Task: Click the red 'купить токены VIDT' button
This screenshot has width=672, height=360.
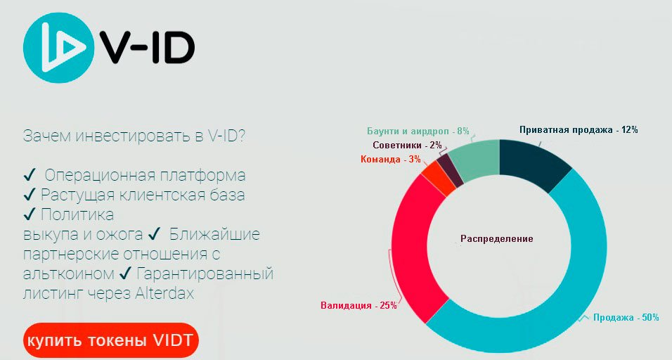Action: coord(111,340)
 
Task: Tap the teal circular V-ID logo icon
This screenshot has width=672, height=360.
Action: coord(58,47)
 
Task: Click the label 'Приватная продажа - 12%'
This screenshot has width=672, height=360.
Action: coord(579,130)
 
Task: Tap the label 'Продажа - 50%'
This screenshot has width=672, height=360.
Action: coord(626,318)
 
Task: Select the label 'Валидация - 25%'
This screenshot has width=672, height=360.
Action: coord(358,306)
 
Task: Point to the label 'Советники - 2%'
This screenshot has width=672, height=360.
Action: coord(407,146)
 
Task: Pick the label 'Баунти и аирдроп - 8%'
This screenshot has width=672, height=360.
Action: coord(418,131)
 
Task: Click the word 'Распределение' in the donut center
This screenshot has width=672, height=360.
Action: coord(497,239)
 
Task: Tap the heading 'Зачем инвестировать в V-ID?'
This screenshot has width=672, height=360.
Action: coord(134,136)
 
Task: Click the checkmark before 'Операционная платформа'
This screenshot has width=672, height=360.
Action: coord(29,175)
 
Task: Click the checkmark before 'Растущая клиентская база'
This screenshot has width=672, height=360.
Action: coord(29,195)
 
